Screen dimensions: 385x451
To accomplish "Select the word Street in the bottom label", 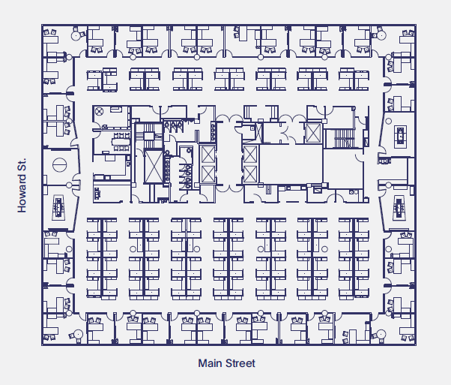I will click(x=240, y=363).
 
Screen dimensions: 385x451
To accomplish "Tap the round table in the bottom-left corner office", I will click(x=77, y=333).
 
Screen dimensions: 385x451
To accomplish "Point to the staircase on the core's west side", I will click(x=148, y=134).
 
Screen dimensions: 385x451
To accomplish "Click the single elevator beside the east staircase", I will click(x=312, y=134).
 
